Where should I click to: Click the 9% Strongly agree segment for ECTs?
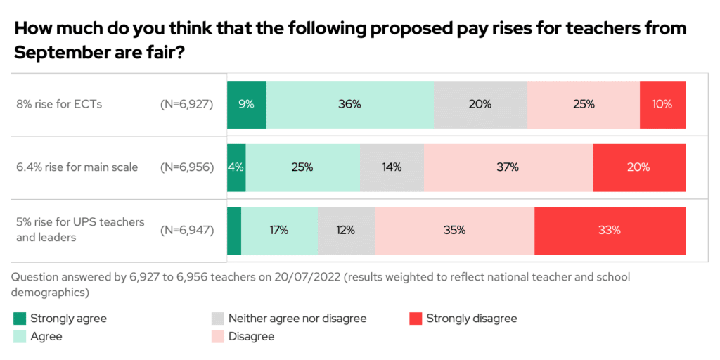pyautogui.click(x=246, y=104)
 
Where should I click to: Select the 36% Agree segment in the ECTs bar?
pyautogui.click(x=349, y=104)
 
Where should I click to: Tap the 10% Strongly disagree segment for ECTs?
pyautogui.click(x=662, y=104)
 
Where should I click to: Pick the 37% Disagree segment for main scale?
pyautogui.click(x=508, y=167)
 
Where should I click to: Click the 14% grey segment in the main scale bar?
pyautogui.click(x=392, y=167)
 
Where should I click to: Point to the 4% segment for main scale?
pyautogui.click(x=236, y=167)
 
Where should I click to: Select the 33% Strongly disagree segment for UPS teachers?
pyautogui.click(x=610, y=230)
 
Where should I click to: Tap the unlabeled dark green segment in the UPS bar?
pyautogui.click(x=234, y=230)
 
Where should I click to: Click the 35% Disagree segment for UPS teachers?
pyautogui.click(x=454, y=230)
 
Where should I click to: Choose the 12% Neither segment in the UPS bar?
pyautogui.click(x=346, y=230)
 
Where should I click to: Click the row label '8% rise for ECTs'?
pyautogui.click(x=59, y=104)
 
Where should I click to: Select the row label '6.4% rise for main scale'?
pyautogui.click(x=77, y=167)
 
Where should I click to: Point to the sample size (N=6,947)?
pyautogui.click(x=187, y=230)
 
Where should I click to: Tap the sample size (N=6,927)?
pyautogui.click(x=187, y=104)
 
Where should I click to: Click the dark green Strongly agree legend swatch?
pyautogui.click(x=20, y=319)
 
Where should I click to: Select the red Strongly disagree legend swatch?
pyautogui.click(x=415, y=319)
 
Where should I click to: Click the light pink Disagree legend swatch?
pyautogui.click(x=217, y=337)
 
